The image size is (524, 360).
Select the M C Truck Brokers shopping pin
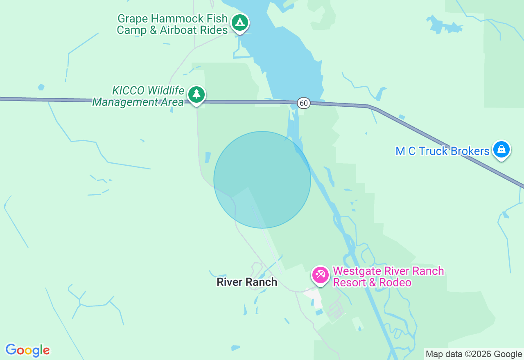(501, 150)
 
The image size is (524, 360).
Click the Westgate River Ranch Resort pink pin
(320, 275)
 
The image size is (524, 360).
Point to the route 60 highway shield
(303, 103)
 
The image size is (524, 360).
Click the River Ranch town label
(247, 282)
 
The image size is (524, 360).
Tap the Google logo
(27, 350)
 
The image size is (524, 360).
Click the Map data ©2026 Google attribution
(474, 354)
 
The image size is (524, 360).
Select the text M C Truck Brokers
(442, 151)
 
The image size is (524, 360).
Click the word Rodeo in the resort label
(395, 283)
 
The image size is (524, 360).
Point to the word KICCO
(128, 90)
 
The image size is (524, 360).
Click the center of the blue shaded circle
(262, 180)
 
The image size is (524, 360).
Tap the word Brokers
(470, 151)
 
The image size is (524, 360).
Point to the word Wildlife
(166, 90)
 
